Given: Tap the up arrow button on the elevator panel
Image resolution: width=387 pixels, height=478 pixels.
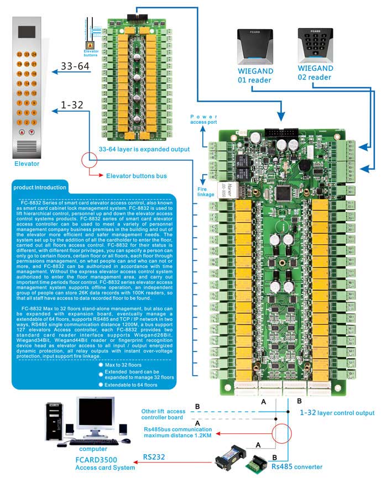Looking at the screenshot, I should tap(22, 133).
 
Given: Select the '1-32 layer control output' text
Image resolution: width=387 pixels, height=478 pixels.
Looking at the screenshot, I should tap(337, 413).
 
